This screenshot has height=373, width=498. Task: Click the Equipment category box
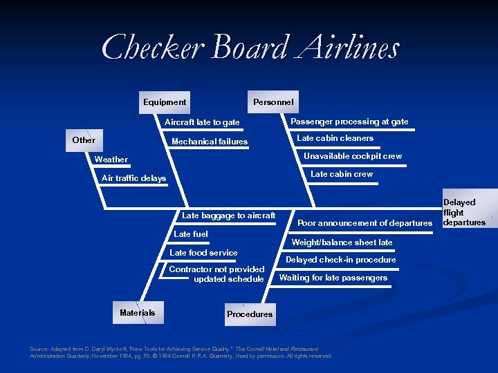point(165,102)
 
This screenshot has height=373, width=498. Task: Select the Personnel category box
point(273,102)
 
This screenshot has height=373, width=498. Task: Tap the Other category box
point(84,140)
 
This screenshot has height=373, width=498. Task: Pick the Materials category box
point(137,313)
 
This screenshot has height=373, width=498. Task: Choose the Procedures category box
point(249,314)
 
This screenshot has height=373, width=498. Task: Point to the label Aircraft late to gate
point(202,122)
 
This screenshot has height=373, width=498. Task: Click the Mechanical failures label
point(210,142)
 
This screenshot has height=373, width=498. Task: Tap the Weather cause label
point(111,160)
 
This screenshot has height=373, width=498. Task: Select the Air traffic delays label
point(134,178)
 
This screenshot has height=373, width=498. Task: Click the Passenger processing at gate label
point(349,122)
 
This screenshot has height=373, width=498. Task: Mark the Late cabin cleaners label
point(335,138)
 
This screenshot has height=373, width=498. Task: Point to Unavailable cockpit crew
point(353,156)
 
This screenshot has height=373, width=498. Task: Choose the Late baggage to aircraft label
point(229,216)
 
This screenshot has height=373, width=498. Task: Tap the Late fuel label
point(191,234)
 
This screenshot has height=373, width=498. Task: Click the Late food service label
point(203,253)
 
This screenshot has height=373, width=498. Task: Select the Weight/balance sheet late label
point(342,242)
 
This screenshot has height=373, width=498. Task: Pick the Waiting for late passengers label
point(333,278)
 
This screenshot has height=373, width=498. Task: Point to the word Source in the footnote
point(39,349)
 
